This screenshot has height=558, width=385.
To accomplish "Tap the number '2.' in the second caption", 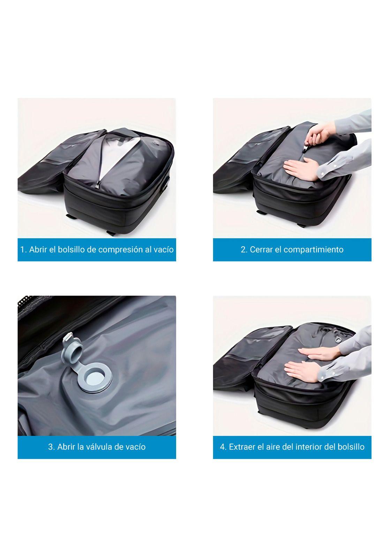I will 244,250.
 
